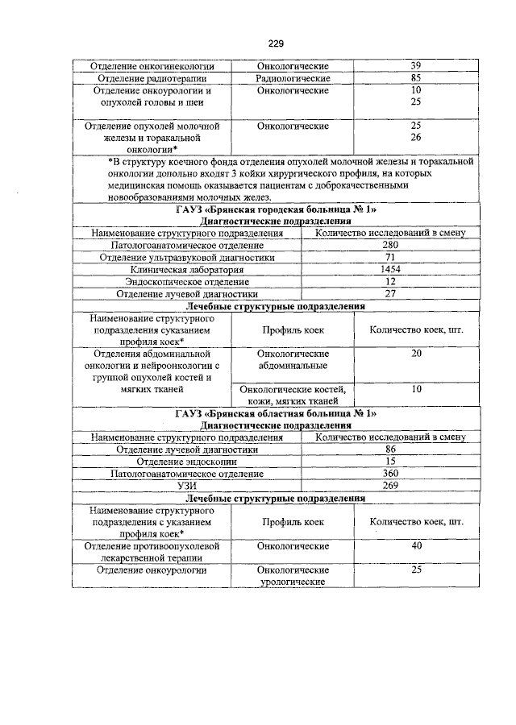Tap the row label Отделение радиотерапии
point(153,79)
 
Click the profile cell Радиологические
point(293,79)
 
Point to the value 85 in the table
point(415,79)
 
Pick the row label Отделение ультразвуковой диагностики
point(187,257)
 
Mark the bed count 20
point(416,353)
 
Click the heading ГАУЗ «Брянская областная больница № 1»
point(277,413)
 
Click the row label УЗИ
point(187,487)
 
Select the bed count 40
point(416,546)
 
